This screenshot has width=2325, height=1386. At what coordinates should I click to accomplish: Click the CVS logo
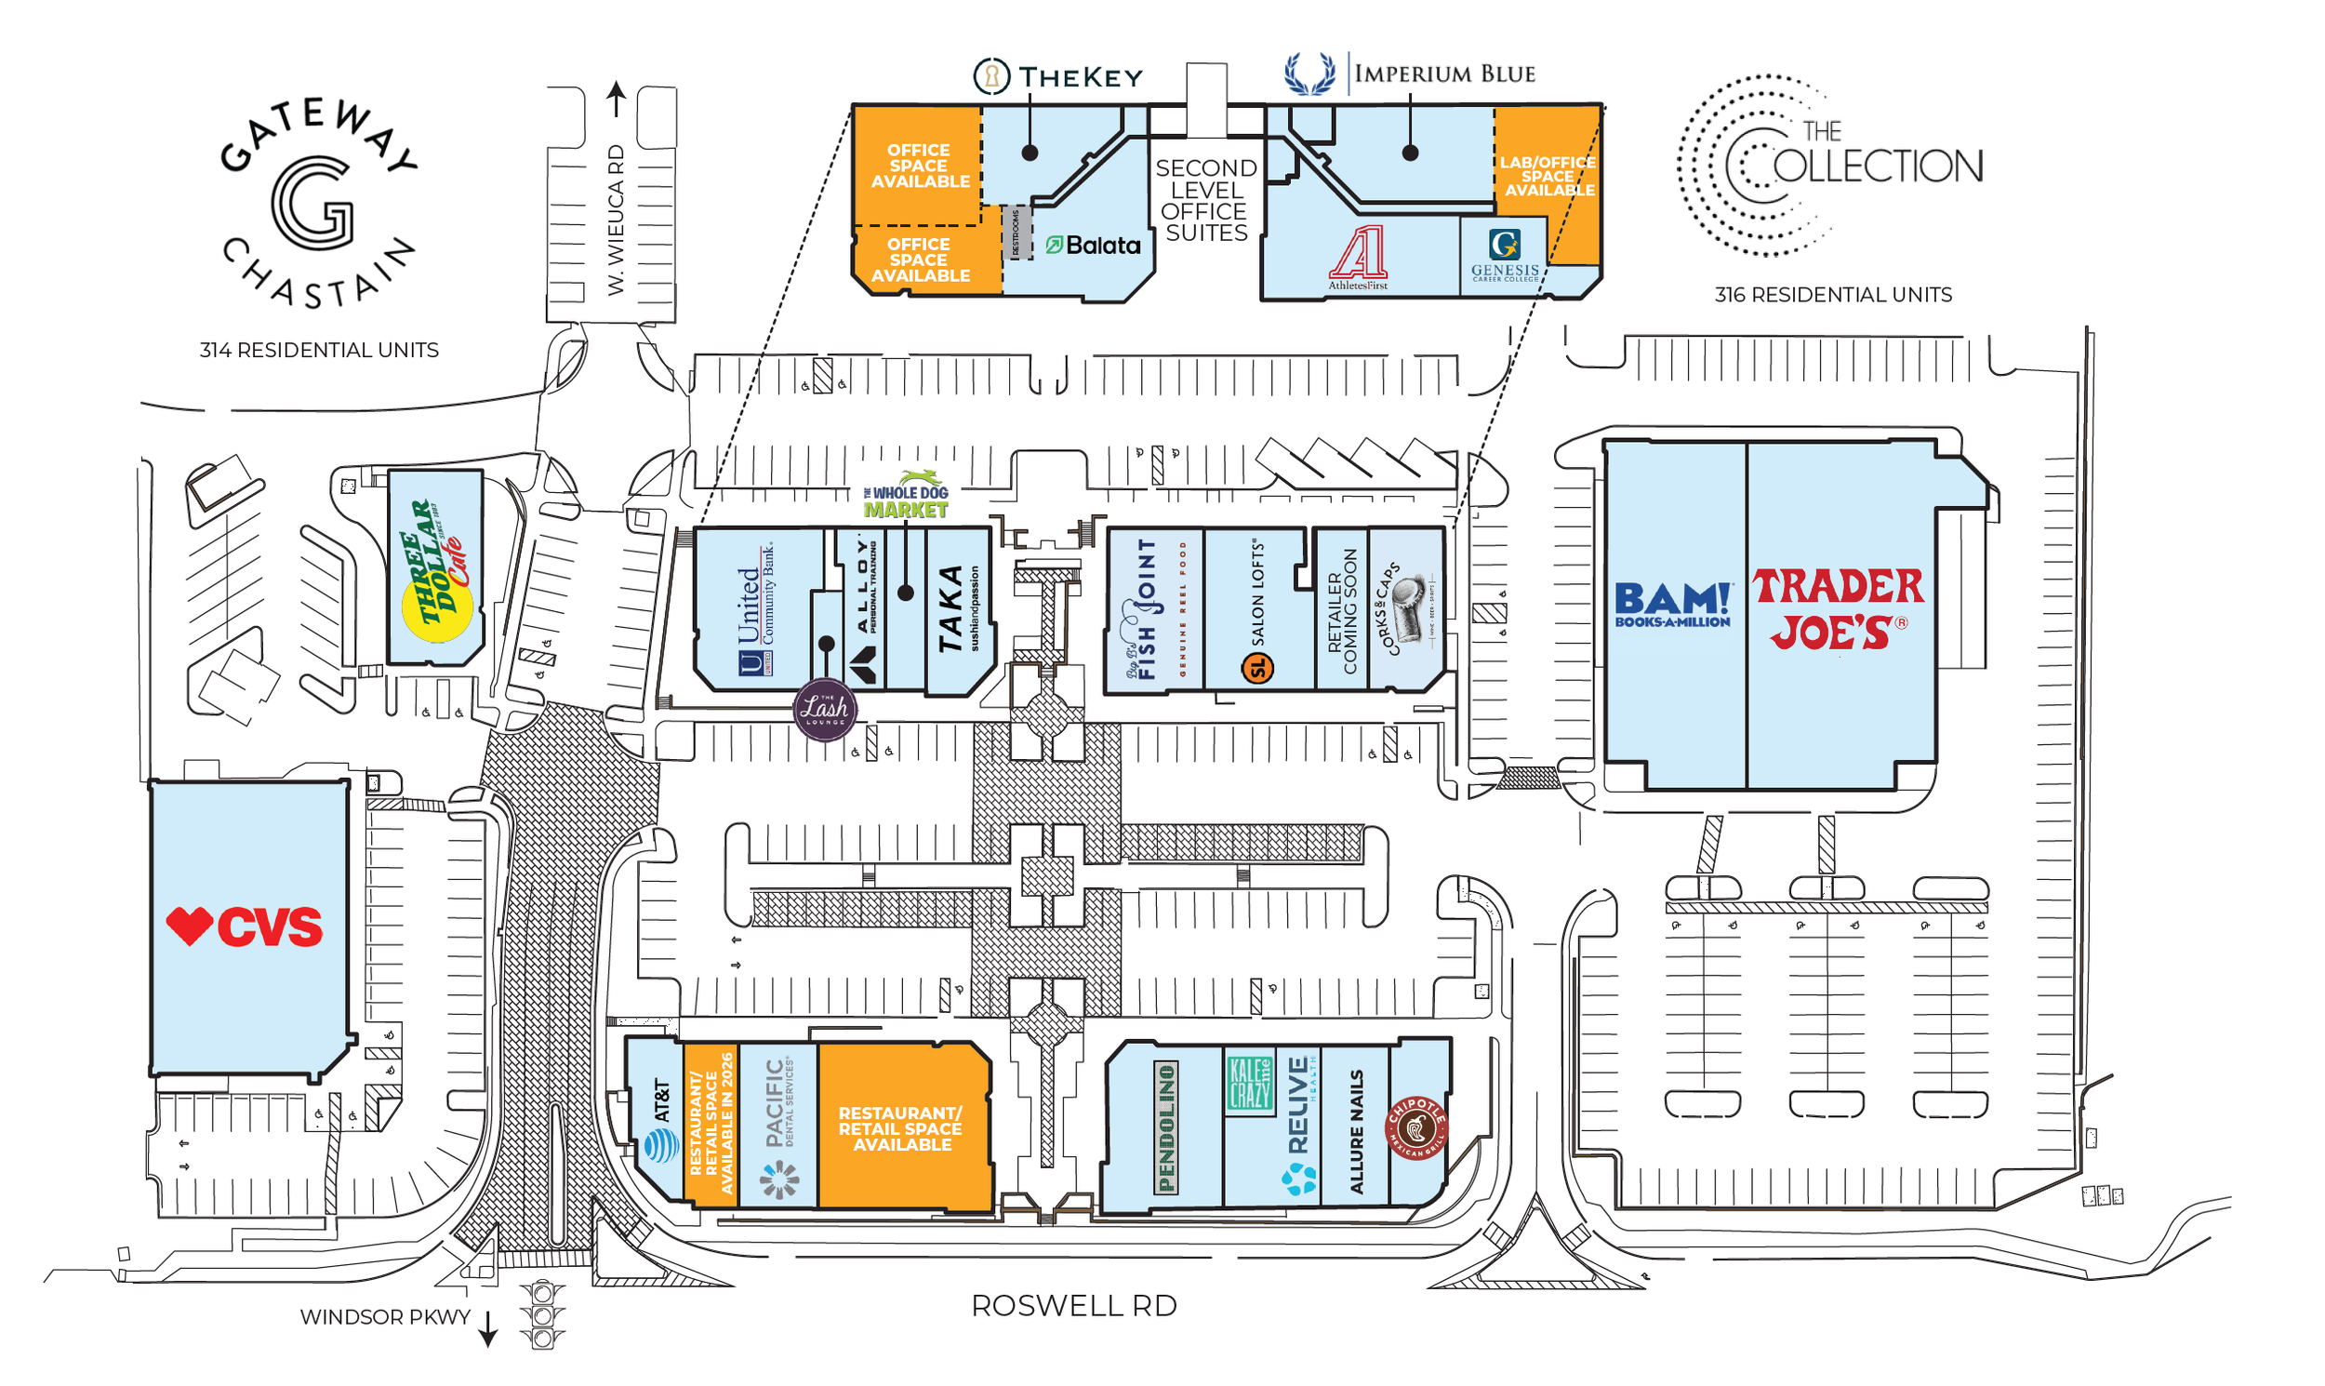245,926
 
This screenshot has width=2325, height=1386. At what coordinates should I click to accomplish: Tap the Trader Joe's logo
1837,609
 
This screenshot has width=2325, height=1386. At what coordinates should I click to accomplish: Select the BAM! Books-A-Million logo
1672,605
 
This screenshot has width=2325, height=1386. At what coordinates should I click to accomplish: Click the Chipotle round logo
1416,1128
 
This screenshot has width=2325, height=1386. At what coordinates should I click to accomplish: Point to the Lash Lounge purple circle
825,710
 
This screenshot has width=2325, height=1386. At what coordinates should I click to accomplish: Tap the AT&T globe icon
661,1145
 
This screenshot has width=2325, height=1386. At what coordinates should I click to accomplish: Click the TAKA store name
950,609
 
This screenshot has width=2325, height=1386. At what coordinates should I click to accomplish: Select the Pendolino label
1166,1128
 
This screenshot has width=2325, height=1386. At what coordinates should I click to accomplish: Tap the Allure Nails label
1357,1132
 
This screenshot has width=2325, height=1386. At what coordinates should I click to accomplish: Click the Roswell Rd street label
1074,1306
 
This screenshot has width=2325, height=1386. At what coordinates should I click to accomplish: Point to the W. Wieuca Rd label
616,220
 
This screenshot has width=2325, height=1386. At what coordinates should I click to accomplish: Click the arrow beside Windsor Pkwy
487,1329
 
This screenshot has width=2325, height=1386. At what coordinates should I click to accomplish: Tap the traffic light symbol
542,1316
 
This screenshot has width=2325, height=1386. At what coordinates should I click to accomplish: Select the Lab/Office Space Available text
1548,176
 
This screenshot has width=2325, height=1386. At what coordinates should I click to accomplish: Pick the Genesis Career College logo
1504,256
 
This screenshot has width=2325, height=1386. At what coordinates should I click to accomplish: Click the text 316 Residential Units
1832,295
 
